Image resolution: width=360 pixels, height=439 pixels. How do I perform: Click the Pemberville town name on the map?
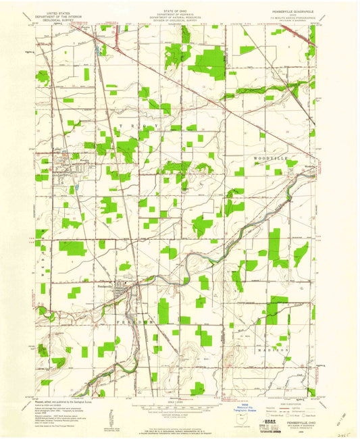point(102,284)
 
